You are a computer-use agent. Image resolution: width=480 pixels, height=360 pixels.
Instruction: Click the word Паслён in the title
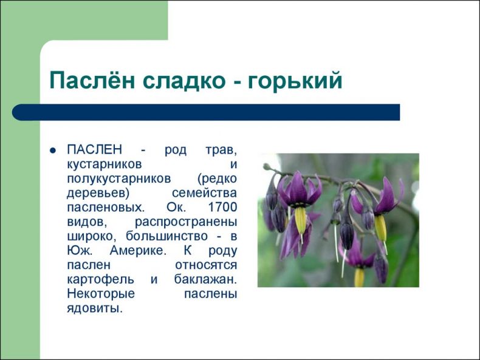click(x=92, y=80)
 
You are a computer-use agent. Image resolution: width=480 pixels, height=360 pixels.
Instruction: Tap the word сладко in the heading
click(x=183, y=81)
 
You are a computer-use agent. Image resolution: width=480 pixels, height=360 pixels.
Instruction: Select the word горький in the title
click(x=295, y=81)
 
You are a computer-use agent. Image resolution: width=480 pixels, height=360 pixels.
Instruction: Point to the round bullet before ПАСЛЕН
click(x=53, y=151)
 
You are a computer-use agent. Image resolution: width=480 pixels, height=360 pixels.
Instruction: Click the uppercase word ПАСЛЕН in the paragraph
click(x=94, y=149)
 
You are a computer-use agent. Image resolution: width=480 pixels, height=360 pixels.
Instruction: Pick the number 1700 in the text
click(x=222, y=207)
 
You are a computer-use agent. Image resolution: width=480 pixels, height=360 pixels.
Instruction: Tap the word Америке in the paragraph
click(x=138, y=251)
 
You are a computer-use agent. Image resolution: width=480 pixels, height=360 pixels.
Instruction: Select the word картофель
click(x=100, y=280)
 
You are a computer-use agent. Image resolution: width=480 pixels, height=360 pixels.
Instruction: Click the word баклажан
click(x=205, y=279)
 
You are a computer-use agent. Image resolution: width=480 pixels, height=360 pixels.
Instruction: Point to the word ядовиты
click(x=95, y=308)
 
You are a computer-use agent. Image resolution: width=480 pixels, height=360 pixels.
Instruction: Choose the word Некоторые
click(x=101, y=294)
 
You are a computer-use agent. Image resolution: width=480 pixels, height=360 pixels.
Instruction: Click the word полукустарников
click(x=118, y=179)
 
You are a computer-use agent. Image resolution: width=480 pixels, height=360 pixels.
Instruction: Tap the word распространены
click(x=186, y=222)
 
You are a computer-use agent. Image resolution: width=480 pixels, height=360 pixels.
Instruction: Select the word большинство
click(x=166, y=236)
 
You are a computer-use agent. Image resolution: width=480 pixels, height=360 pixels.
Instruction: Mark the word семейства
click(x=205, y=193)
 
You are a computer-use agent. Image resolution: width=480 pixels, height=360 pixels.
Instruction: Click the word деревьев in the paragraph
click(x=98, y=194)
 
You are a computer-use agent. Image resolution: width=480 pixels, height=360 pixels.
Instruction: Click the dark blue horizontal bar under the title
click(x=206, y=112)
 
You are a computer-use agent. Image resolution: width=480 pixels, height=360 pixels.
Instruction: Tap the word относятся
click(x=206, y=265)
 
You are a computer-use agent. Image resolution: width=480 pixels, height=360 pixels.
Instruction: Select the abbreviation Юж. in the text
click(x=79, y=251)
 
